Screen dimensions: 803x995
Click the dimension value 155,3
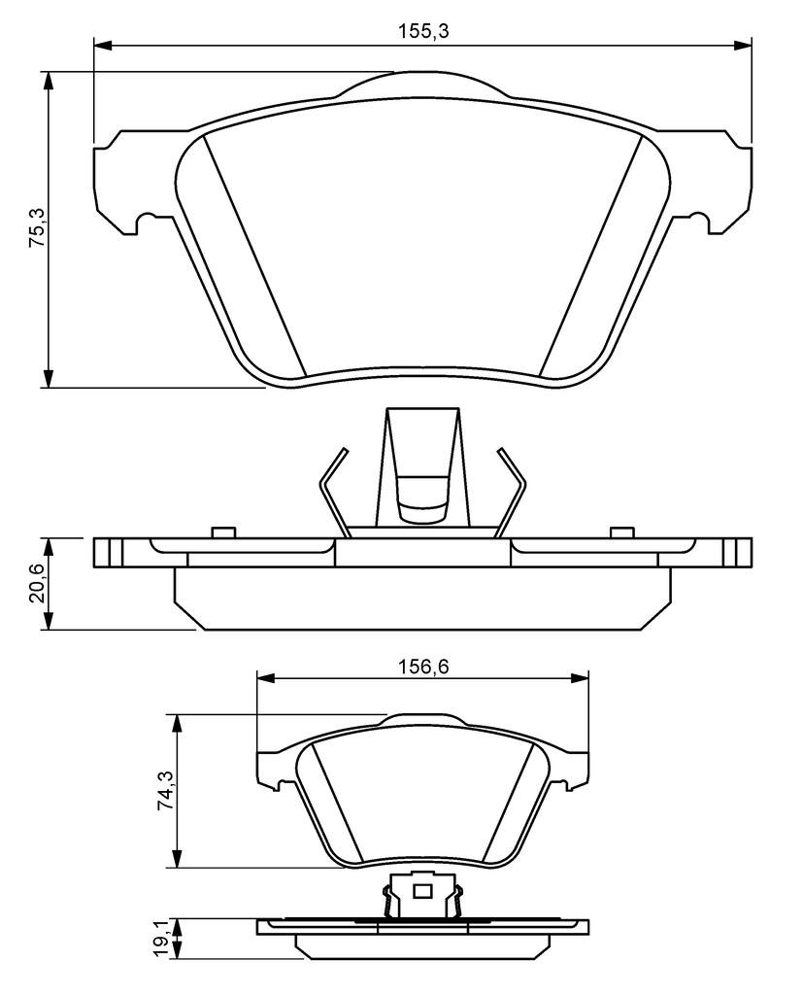point(423,30)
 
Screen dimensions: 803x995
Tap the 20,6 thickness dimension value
point(37,584)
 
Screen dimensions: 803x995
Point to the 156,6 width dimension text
point(423,667)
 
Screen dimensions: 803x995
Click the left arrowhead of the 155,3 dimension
point(103,45)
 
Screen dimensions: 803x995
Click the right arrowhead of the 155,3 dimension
point(743,45)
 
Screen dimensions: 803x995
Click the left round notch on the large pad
point(149,223)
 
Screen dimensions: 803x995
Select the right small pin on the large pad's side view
point(622,532)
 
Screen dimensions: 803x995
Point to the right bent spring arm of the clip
point(512,493)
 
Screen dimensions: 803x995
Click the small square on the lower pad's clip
point(422,892)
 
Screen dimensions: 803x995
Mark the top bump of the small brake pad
point(423,720)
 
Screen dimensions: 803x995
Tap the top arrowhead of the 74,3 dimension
point(179,724)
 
